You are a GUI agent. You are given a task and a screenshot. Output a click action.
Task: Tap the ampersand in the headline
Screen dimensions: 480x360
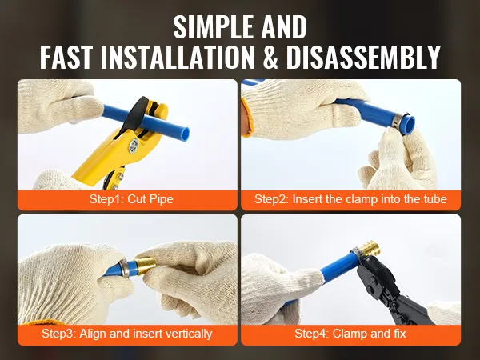[x=270, y=57]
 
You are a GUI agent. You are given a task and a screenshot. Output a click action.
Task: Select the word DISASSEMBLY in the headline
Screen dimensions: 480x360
[x=363, y=57]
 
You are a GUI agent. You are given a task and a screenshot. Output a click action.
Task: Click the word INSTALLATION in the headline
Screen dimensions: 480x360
[x=178, y=57]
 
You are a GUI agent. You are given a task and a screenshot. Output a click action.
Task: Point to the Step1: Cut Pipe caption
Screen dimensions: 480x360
[x=131, y=199]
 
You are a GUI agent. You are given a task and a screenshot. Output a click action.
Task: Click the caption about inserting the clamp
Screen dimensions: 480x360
[x=350, y=199]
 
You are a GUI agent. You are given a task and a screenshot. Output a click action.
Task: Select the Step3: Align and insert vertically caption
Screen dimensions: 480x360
[x=126, y=334]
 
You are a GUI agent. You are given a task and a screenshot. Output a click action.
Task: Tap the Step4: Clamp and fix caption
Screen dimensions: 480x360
[x=350, y=334]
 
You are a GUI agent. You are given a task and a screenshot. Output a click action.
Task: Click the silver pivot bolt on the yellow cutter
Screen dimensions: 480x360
[x=134, y=145]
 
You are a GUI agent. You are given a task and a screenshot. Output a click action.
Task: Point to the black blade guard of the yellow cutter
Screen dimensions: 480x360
[x=134, y=114]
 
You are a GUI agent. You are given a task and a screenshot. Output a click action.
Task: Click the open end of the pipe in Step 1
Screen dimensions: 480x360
[x=184, y=134]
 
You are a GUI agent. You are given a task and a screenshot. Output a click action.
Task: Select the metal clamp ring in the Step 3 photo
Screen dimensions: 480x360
[x=124, y=267]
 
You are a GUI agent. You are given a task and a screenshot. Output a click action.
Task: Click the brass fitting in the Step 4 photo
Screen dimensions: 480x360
[x=369, y=250]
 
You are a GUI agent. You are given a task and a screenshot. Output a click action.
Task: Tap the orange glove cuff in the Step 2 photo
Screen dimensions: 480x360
[x=246, y=118]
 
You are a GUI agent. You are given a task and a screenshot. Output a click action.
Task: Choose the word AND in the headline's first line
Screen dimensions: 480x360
[x=284, y=26]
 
